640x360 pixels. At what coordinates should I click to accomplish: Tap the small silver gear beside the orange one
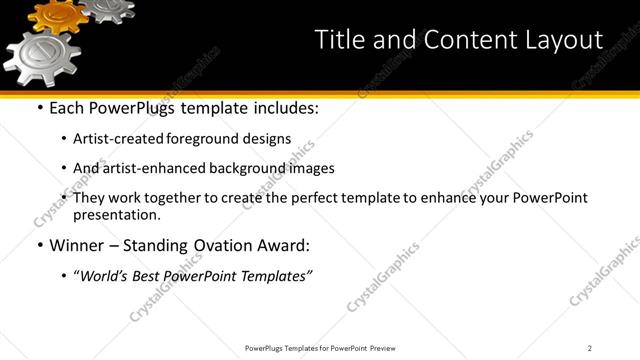coord(108,8)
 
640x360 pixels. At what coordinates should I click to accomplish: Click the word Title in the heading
coord(340,40)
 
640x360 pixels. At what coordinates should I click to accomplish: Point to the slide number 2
coord(590,347)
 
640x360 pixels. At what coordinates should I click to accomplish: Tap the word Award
coord(279,245)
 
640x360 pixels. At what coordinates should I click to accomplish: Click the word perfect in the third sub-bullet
coord(307,198)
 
